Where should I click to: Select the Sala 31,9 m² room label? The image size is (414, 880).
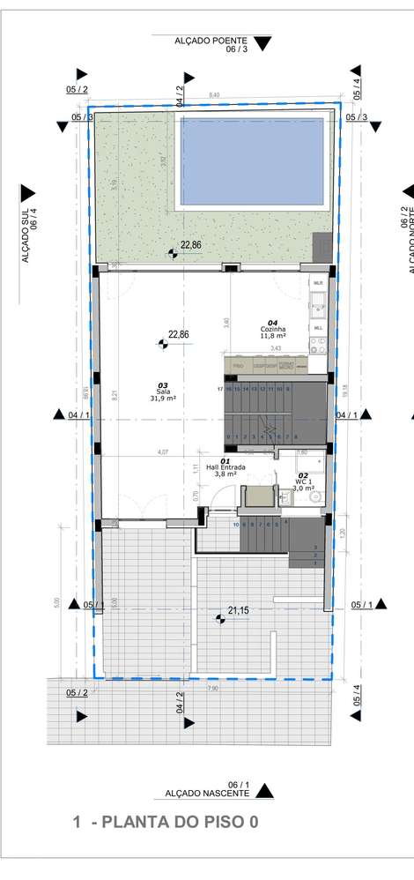pos(163,392)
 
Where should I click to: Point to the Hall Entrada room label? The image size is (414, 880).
pos(225,467)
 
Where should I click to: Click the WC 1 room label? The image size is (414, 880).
pos(304,481)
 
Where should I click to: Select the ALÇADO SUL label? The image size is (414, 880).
pos(28,233)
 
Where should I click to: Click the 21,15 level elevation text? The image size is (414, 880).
pos(239,609)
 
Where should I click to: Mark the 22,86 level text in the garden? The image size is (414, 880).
pos(191,244)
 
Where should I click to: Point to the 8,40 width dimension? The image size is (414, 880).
pos(214,94)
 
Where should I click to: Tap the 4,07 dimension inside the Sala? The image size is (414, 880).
pos(163,452)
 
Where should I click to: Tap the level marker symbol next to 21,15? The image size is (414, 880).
pos(219,619)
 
